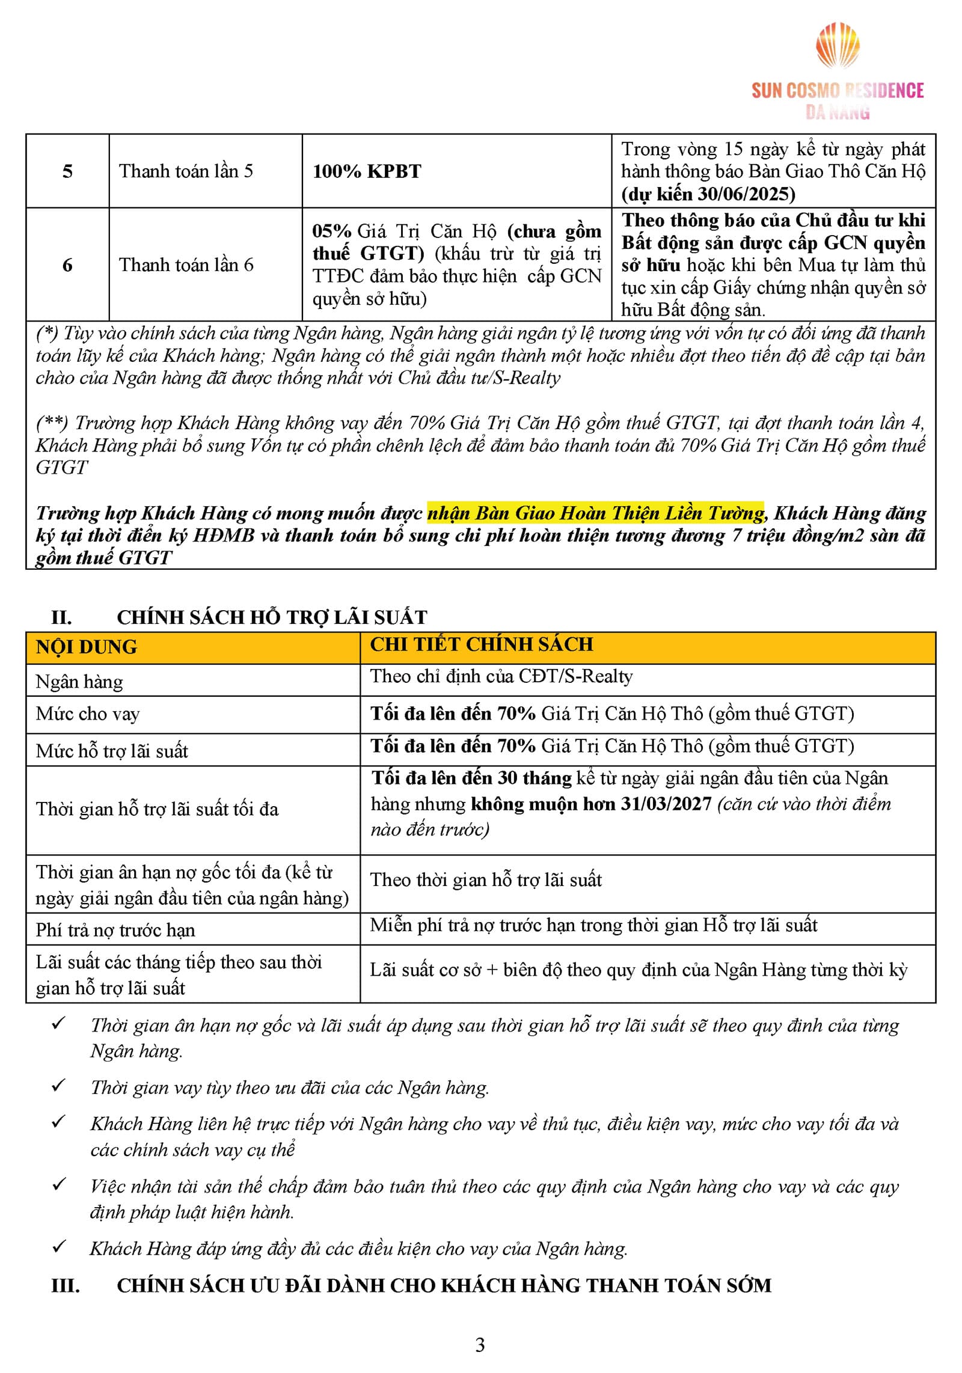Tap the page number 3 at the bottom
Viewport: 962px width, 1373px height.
point(480,1344)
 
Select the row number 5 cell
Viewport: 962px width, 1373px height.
point(67,171)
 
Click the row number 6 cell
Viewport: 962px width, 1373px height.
point(67,265)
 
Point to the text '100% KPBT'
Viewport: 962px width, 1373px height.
point(367,171)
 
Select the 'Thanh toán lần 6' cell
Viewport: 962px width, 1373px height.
point(186,265)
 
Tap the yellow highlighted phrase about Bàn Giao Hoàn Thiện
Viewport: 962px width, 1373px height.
point(595,513)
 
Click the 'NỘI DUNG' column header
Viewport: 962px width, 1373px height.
point(87,647)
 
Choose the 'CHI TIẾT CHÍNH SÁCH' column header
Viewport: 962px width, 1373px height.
point(481,644)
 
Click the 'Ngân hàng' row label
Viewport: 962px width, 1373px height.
point(79,681)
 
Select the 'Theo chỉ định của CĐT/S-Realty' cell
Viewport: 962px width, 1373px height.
point(501,676)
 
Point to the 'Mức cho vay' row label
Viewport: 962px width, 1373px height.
point(88,714)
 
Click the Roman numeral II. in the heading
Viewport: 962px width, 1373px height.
point(61,617)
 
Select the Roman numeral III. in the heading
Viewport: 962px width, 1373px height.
point(66,1285)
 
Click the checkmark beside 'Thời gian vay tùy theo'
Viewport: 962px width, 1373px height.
point(59,1085)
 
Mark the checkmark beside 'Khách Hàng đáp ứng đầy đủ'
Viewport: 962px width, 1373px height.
point(59,1246)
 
